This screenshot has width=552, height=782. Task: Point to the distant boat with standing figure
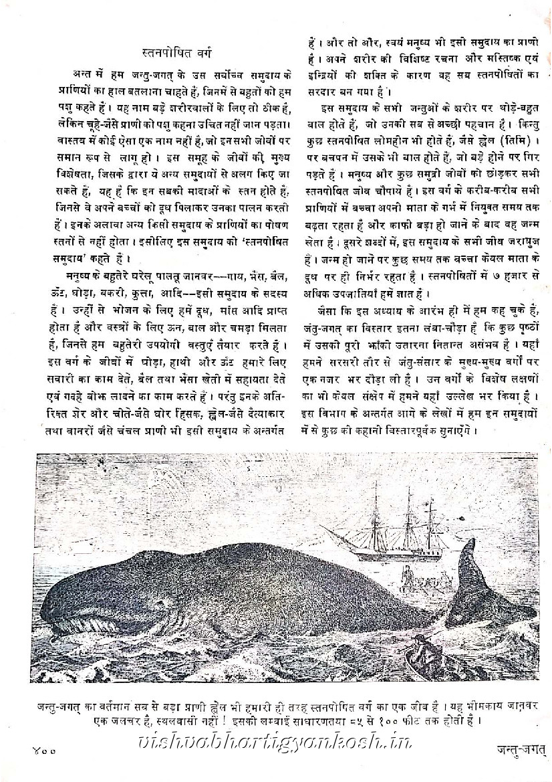(x=406, y=573)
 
